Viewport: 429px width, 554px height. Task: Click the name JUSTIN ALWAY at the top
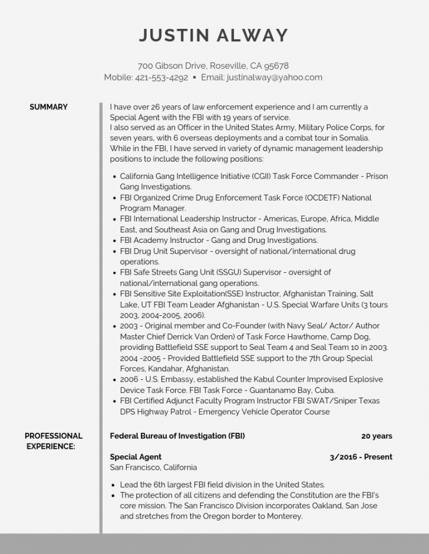[213, 35]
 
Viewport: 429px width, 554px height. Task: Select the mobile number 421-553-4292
[161, 77]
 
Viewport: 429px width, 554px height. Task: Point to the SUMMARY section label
[48, 107]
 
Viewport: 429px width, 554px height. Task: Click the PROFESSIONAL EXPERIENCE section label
[53, 441]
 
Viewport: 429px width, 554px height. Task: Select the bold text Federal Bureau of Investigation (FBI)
[177, 436]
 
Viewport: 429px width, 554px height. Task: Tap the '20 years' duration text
[377, 436]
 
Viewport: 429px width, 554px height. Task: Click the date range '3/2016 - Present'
[361, 456]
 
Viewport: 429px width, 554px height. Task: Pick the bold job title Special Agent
[136, 456]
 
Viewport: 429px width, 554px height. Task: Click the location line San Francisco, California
[153, 468]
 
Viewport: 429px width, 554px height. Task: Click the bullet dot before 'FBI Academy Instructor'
[114, 241]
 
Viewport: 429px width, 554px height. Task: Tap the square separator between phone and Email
[194, 77]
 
